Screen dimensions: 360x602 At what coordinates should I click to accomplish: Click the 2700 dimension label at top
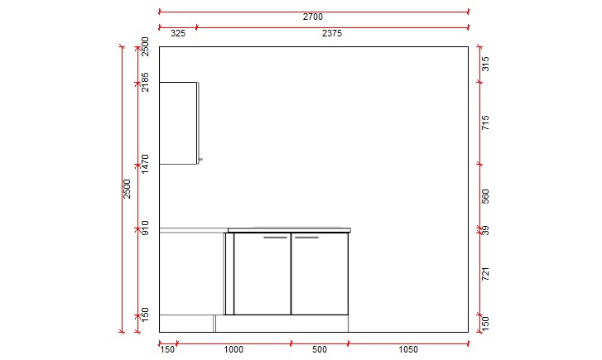pyautogui.click(x=313, y=17)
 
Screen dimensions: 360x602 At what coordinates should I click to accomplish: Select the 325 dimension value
pyautogui.click(x=178, y=34)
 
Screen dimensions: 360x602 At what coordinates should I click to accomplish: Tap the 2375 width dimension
pyautogui.click(x=332, y=34)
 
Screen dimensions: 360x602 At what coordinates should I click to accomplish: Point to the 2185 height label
pyautogui.click(x=145, y=82)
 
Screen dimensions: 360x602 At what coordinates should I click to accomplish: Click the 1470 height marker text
pyautogui.click(x=145, y=163)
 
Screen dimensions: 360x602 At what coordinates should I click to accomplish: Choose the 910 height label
pyautogui.click(x=145, y=228)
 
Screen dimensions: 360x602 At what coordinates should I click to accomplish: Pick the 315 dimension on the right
pyautogui.click(x=487, y=64)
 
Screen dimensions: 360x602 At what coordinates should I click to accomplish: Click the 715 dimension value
pyautogui.click(x=487, y=123)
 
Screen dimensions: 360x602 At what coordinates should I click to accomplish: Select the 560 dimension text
pyautogui.click(x=487, y=196)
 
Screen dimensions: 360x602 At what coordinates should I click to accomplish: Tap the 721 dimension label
pyautogui.click(x=487, y=273)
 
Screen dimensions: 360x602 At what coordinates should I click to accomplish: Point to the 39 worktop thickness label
pyautogui.click(x=487, y=230)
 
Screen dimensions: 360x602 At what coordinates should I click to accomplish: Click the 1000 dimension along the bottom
pyautogui.click(x=234, y=350)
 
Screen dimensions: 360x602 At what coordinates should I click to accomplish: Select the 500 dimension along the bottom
pyautogui.click(x=320, y=350)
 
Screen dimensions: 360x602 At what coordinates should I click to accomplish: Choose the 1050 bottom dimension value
pyautogui.click(x=408, y=350)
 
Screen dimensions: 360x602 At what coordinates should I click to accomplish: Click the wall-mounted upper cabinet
pyautogui.click(x=178, y=122)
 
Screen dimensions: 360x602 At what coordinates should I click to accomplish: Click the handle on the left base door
pyautogui.click(x=276, y=238)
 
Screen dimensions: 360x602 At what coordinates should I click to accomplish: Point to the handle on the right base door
pyautogui.click(x=306, y=238)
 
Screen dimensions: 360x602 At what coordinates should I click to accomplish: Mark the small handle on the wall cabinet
pyautogui.click(x=200, y=159)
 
